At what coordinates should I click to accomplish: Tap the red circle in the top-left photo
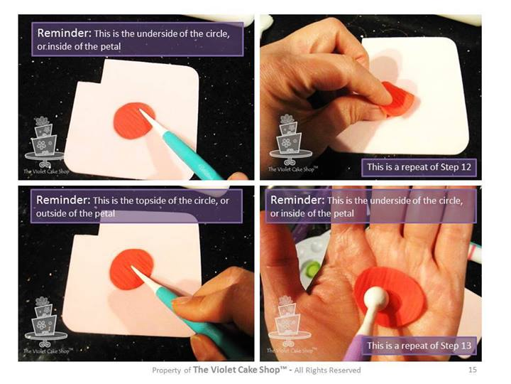[134, 121]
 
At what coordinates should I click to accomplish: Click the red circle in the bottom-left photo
[131, 270]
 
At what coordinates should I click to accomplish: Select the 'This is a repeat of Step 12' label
[419, 167]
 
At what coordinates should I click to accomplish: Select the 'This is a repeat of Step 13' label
[419, 346]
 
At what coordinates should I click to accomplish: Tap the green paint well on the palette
[313, 270]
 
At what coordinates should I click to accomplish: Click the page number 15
[472, 370]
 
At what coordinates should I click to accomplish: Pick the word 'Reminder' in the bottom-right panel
[297, 200]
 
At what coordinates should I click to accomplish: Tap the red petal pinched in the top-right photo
[397, 100]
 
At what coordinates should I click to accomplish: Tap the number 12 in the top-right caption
[466, 167]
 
